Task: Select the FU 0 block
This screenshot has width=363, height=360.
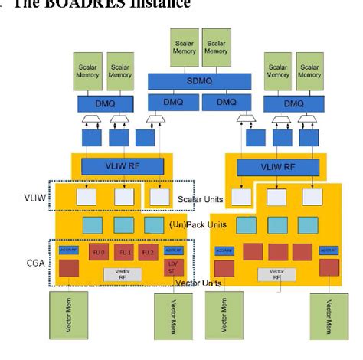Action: (98, 252)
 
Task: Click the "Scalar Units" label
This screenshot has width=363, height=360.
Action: (201, 199)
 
